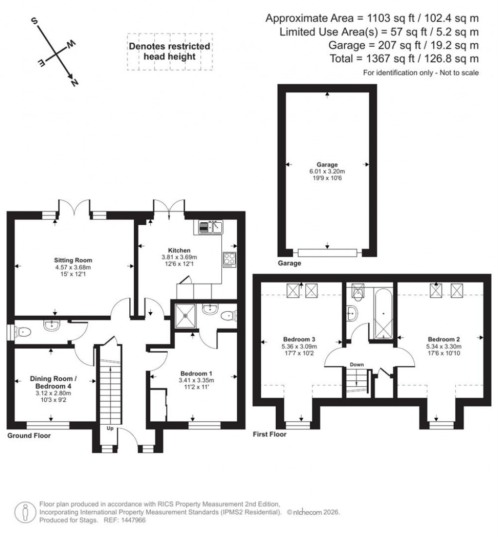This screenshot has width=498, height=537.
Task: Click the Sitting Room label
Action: [73, 260]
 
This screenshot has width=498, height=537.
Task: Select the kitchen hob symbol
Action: [229, 259]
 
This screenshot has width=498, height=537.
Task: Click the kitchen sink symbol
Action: [210, 227]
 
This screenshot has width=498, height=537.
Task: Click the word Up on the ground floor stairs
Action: [110, 429]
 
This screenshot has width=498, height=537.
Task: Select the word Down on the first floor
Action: [357, 364]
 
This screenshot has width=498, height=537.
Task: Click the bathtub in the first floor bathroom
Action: [383, 313]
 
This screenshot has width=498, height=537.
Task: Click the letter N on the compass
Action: [74, 83]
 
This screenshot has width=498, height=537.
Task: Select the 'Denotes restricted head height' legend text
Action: [169, 52]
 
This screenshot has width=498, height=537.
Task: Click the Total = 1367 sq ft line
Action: [417, 58]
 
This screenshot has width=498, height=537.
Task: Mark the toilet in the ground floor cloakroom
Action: [23, 331]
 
